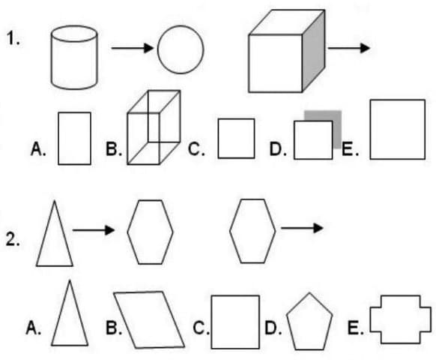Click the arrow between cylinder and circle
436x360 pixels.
tap(133, 48)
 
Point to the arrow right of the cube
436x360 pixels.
tap(348, 48)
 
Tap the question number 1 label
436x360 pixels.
tap(13, 38)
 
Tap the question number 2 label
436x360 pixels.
tap(13, 239)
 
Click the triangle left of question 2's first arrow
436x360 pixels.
tap(55, 265)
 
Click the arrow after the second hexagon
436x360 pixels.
tap(302, 228)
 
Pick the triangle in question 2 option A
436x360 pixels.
tap(70, 345)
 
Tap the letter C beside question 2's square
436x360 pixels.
tap(199, 328)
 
